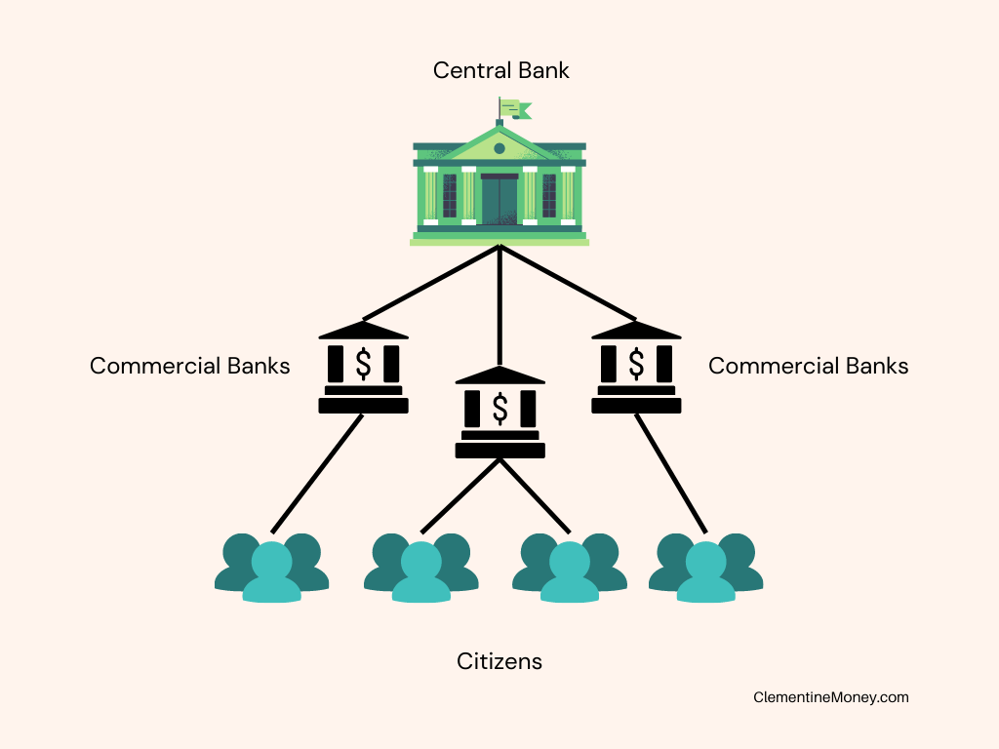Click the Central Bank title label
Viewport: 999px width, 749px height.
click(x=500, y=70)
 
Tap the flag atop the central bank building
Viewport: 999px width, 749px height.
click(x=515, y=109)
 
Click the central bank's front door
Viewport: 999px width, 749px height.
click(x=499, y=199)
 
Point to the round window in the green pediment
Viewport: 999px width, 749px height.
click(x=499, y=148)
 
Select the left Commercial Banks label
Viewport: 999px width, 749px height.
click(x=190, y=367)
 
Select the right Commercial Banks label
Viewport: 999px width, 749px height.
click(x=809, y=367)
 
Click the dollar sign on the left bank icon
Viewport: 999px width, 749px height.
click(x=363, y=364)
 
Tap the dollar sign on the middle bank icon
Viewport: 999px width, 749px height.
click(x=500, y=409)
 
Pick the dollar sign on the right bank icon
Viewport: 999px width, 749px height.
click(x=636, y=364)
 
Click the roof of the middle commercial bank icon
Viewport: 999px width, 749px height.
click(x=500, y=375)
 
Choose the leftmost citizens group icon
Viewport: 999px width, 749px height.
click(x=272, y=568)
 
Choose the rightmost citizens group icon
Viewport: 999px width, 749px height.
click(x=706, y=568)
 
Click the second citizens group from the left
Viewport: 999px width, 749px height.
click(x=421, y=568)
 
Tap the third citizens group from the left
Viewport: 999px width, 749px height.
click(x=570, y=568)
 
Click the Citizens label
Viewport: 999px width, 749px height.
click(x=499, y=662)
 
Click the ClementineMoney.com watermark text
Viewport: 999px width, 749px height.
click(x=831, y=697)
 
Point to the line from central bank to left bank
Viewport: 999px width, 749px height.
click(x=431, y=283)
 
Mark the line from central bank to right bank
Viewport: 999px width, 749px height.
click(x=569, y=283)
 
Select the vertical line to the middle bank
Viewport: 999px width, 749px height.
click(x=500, y=305)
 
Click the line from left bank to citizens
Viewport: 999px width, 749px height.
click(x=317, y=474)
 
